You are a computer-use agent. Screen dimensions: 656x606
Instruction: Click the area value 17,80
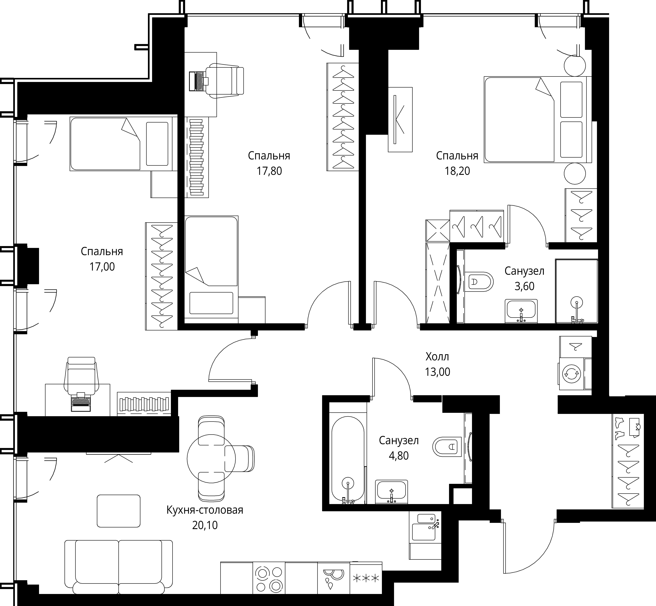[x=269, y=171]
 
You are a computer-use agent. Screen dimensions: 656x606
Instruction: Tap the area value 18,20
[x=457, y=171]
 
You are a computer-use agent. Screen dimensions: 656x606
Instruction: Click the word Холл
[x=437, y=356]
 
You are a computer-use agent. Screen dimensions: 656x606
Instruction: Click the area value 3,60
[x=524, y=286]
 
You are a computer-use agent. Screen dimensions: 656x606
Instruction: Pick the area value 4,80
[x=399, y=456]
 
